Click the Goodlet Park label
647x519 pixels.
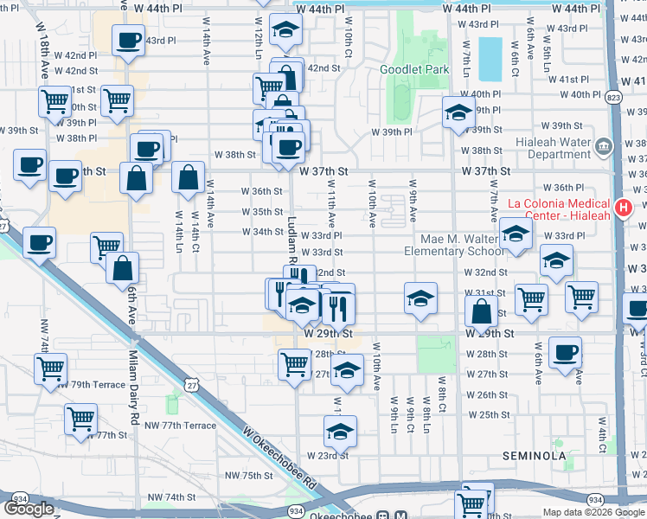point(414,69)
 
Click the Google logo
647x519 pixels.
point(29,509)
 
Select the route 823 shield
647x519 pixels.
point(613,98)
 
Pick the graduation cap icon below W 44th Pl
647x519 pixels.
point(285,31)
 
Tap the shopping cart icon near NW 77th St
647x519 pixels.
point(80,420)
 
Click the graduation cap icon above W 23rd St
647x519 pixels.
point(340,431)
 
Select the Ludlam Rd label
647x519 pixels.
point(292,240)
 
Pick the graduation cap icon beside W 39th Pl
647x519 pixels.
point(458,112)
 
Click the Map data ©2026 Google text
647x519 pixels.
point(592,512)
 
